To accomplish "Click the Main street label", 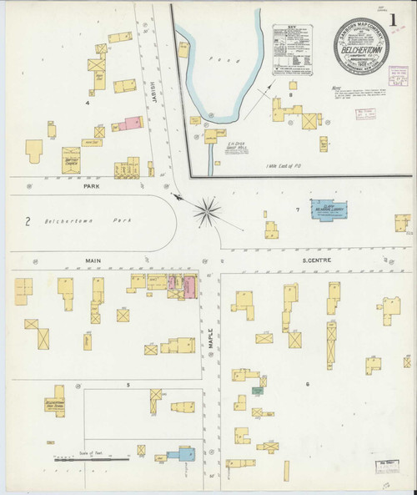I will click(x=92, y=260).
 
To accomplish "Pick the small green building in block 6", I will click(x=259, y=390).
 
